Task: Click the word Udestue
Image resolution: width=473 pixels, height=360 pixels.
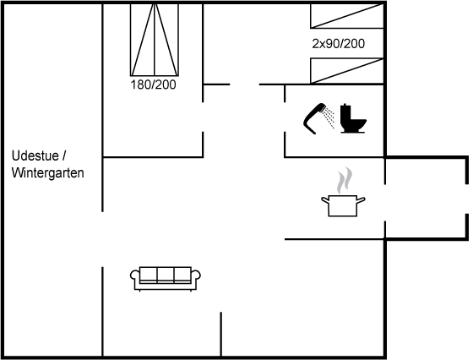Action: [x=35, y=156]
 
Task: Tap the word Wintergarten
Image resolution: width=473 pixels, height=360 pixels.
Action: [x=47, y=173]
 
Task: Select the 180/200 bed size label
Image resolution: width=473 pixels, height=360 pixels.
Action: [x=153, y=85]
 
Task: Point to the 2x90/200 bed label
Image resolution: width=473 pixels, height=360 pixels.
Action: [x=338, y=44]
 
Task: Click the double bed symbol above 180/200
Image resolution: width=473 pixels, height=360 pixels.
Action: [x=155, y=40]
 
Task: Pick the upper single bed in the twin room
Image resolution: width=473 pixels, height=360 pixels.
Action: [x=347, y=16]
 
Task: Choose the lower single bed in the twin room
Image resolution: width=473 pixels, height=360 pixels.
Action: [x=347, y=71]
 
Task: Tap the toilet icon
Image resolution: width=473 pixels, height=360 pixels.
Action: [x=353, y=118]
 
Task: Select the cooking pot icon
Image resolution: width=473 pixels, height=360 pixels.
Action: [x=343, y=205]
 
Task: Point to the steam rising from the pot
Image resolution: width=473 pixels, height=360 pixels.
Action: [x=345, y=180]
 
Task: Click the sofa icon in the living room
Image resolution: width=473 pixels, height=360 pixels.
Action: [x=166, y=279]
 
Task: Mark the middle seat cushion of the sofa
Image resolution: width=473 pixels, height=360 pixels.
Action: [x=166, y=274]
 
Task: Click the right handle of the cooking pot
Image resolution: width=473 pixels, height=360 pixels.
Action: [x=362, y=200]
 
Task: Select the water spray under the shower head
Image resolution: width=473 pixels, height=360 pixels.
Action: [x=329, y=118]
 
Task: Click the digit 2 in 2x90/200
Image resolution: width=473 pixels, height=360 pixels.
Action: [x=315, y=44]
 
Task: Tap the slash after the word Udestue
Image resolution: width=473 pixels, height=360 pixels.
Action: [x=64, y=156]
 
